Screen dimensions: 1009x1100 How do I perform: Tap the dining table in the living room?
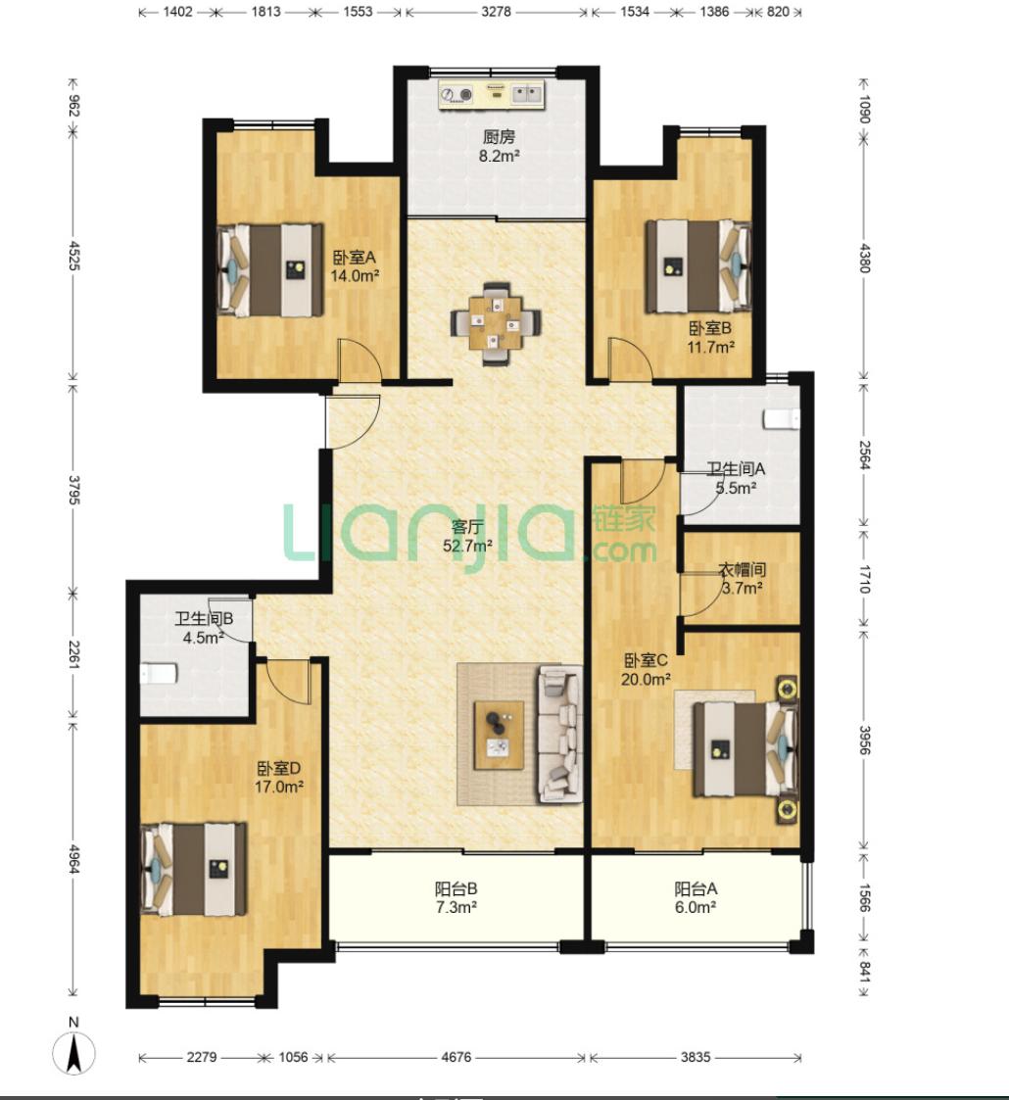(496, 322)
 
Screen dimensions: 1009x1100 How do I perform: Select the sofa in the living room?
(560, 734)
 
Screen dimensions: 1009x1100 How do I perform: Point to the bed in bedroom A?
(270, 270)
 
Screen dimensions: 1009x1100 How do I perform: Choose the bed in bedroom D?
(194, 869)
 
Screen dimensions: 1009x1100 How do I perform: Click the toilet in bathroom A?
(782, 418)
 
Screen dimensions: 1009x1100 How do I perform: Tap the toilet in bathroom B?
(159, 674)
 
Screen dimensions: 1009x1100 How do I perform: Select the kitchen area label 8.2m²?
(499, 157)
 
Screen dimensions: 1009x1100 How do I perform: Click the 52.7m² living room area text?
(466, 545)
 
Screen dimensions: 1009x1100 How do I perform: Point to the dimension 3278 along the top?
(496, 12)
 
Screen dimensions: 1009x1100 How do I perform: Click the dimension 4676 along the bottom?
(456, 1056)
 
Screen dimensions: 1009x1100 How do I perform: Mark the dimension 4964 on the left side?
(73, 859)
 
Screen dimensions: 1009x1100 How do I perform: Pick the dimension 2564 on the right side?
(864, 455)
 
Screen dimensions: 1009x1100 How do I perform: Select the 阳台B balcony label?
(456, 888)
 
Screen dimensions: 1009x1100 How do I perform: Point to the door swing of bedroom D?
(288, 681)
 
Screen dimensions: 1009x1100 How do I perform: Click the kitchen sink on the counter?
(528, 94)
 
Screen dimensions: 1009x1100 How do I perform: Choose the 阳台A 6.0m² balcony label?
(696, 898)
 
